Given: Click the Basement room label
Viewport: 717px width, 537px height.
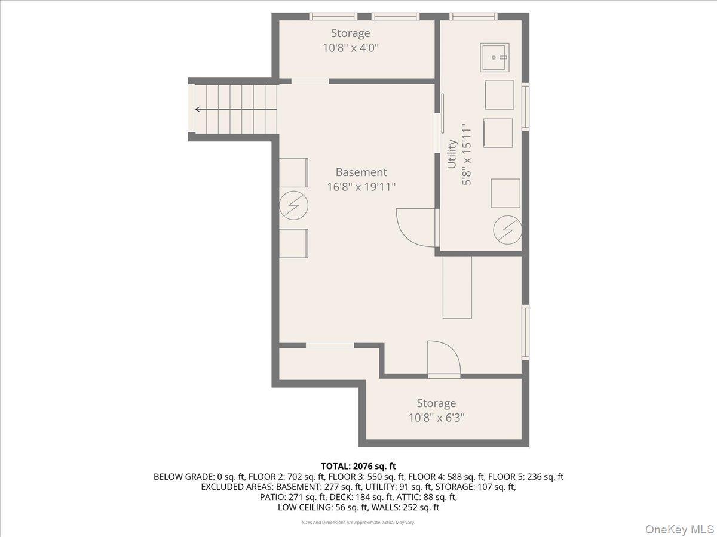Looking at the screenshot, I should point(361,172).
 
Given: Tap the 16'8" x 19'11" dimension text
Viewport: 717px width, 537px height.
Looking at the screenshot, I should point(361,187).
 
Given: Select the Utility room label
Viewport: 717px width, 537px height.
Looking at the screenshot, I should point(452,154).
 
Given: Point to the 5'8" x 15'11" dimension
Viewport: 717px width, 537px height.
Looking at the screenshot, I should point(467,154).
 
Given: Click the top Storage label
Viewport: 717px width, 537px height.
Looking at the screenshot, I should point(350,33).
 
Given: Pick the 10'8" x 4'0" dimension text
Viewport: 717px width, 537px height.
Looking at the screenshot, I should point(350,48).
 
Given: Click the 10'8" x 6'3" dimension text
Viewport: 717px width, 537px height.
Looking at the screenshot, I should point(436,418).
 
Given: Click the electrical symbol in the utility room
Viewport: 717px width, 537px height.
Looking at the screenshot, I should point(507,230).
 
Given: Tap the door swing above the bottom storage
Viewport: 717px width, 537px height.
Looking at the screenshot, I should point(443,359).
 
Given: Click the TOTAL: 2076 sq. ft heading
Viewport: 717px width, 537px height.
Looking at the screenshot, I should point(358,466).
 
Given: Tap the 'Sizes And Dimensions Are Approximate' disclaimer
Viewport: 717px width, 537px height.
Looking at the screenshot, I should point(358,523).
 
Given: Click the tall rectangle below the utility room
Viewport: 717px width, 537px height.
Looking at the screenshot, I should point(457,287).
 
